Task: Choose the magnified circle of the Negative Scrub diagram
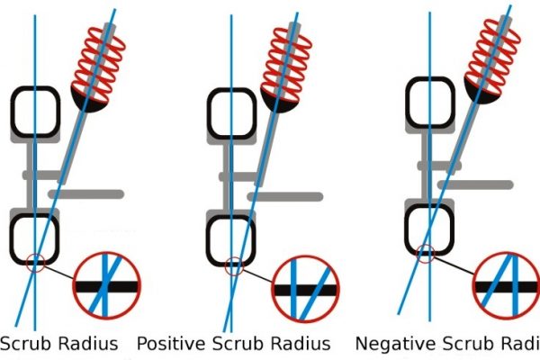click(508, 284)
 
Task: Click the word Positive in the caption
click(172, 344)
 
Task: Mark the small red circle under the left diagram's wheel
click(35, 264)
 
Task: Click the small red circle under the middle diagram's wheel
click(234, 265)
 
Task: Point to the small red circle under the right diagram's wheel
click(427, 256)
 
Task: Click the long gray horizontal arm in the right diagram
click(481, 184)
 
